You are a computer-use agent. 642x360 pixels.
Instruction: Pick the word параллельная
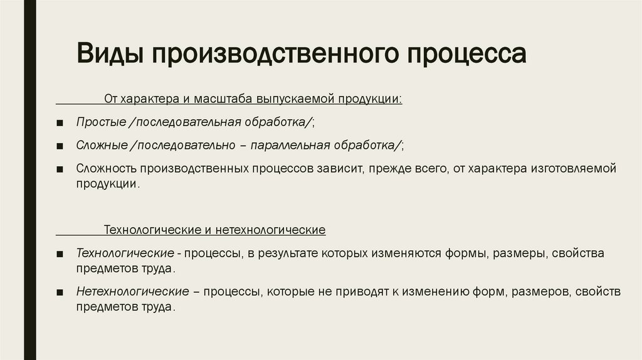click(x=290, y=146)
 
